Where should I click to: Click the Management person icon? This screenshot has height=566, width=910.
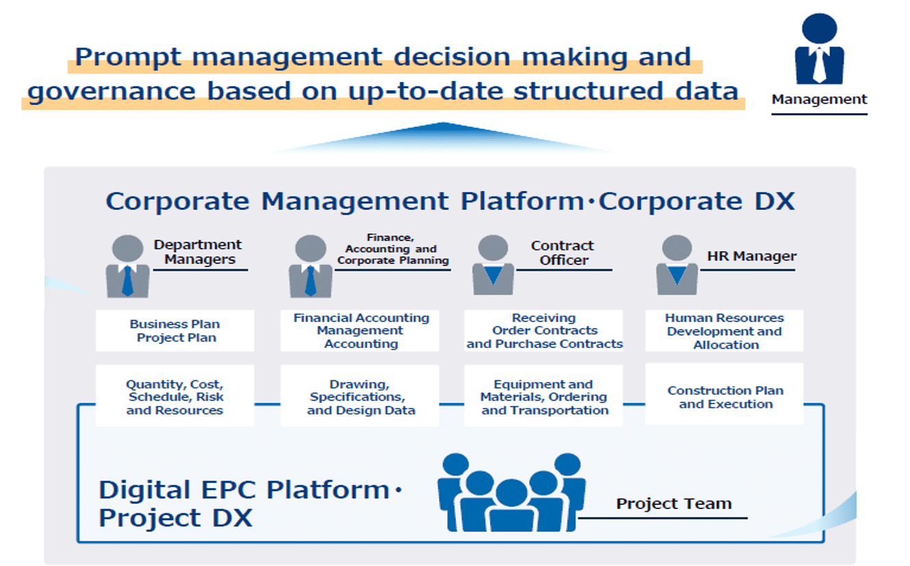(x=820, y=49)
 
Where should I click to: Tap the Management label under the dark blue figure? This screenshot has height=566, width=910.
(x=820, y=99)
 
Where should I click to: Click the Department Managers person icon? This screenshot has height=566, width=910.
(x=127, y=267)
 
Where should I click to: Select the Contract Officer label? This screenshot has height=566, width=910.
(x=563, y=252)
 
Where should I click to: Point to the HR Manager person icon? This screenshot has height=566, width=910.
(x=677, y=265)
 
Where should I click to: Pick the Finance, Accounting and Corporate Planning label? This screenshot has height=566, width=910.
(x=393, y=249)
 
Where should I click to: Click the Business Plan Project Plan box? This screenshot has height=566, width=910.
(x=175, y=330)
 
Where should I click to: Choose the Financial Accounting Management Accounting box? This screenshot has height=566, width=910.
(x=360, y=330)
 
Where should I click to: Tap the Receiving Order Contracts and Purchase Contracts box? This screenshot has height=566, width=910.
(x=544, y=330)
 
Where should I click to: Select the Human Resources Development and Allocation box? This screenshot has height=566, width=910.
(x=724, y=330)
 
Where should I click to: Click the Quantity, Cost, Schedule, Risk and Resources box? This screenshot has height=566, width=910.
(x=175, y=395)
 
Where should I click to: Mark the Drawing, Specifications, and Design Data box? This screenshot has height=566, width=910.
(x=360, y=395)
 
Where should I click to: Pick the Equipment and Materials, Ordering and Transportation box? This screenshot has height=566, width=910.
(x=544, y=395)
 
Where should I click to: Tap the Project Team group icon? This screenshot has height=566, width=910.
(x=511, y=493)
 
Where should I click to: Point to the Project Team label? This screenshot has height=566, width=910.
(x=674, y=504)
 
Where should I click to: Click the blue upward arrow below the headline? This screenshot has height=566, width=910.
(x=443, y=138)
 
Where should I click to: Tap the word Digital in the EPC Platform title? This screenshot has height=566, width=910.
(x=144, y=489)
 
